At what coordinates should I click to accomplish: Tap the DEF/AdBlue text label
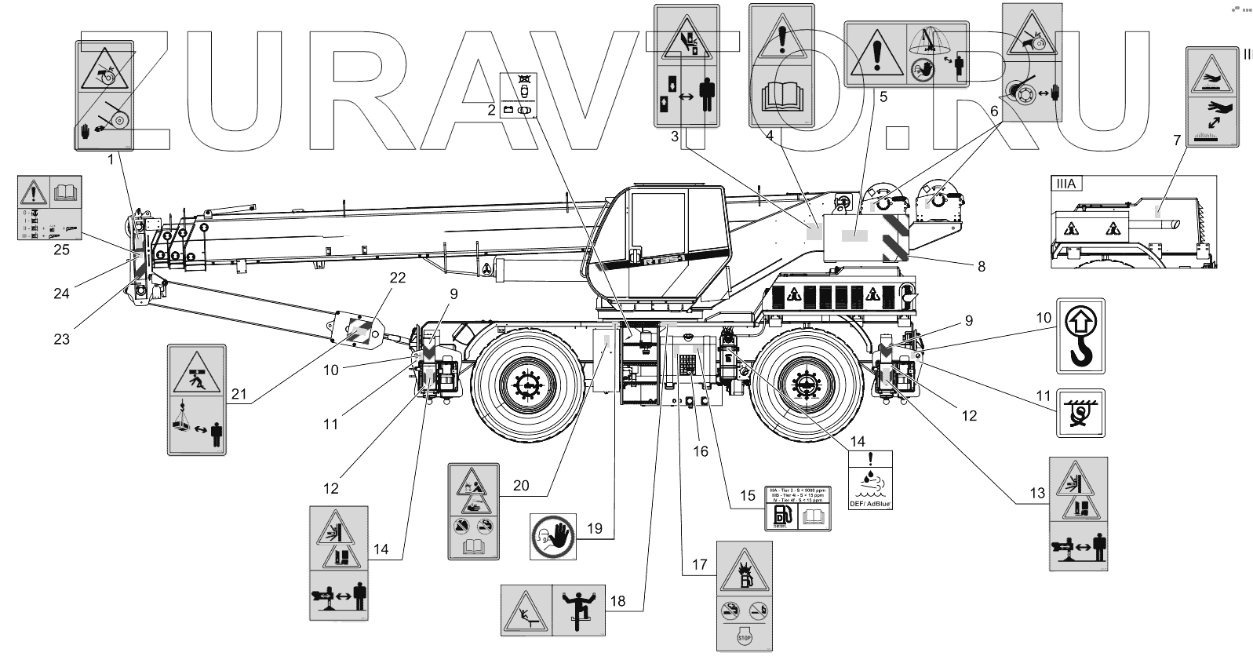(x=871, y=505)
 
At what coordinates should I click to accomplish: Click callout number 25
(x=60, y=250)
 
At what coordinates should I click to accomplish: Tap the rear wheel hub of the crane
(x=805, y=385)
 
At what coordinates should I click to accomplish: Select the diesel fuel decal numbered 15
(x=797, y=508)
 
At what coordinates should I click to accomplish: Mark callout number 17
(x=700, y=564)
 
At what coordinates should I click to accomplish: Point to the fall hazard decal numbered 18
(x=552, y=608)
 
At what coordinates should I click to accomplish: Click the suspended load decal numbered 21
(x=196, y=399)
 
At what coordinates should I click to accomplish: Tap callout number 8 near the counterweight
(x=981, y=266)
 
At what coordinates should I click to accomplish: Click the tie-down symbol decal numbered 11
(x=1080, y=413)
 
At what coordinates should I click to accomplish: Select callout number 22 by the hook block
(x=398, y=279)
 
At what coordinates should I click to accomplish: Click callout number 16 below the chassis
(x=700, y=451)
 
